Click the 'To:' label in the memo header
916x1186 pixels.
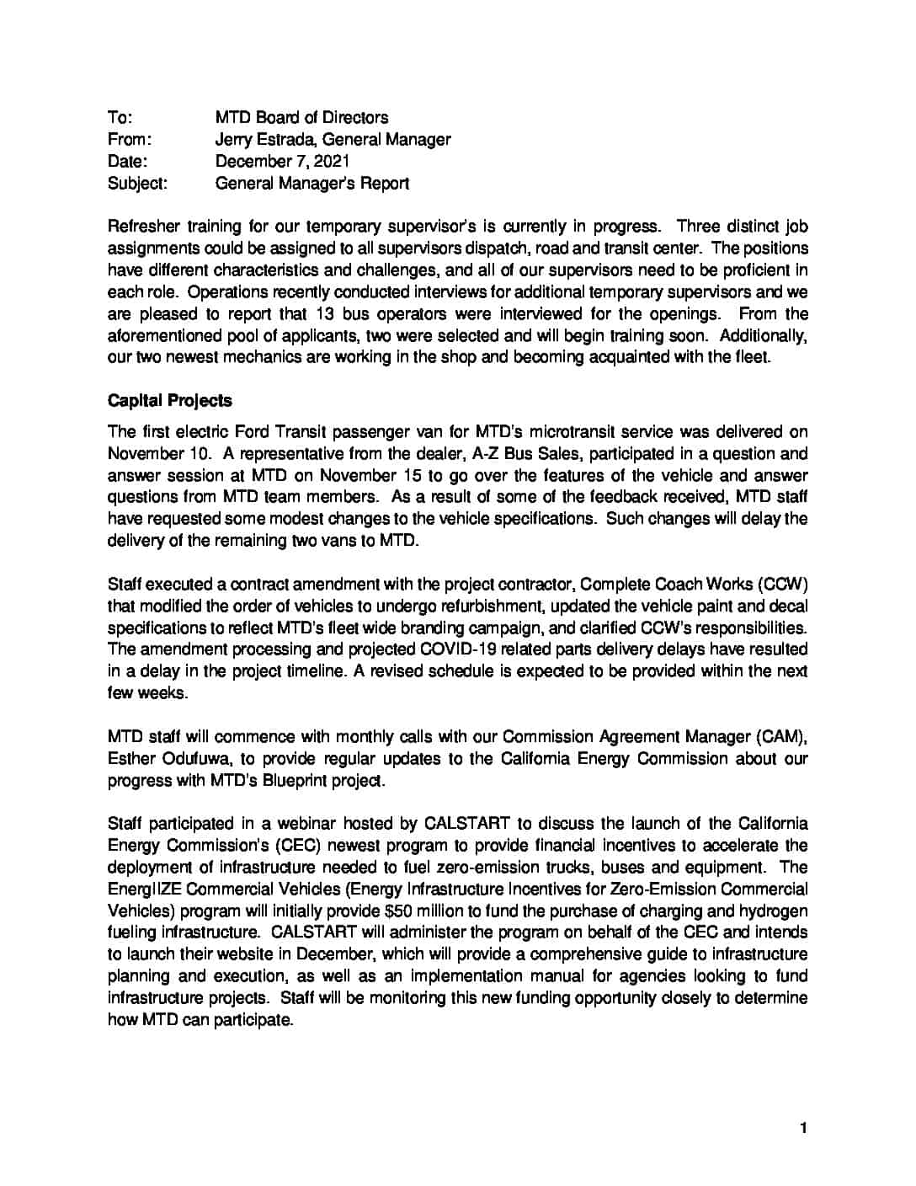[x=120, y=117]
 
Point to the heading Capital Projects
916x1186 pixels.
[x=169, y=400]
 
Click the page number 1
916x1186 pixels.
[x=803, y=1129]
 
